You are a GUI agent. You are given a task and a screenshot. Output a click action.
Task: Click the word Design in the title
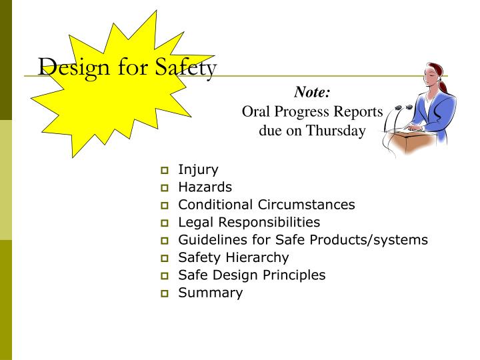(67, 67)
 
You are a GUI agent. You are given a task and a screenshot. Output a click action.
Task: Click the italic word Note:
(312, 94)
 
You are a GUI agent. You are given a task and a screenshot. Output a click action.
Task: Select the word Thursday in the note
(336, 130)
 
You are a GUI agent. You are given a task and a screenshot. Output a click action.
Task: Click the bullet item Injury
(198, 170)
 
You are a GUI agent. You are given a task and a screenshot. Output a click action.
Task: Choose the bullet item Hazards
(205, 187)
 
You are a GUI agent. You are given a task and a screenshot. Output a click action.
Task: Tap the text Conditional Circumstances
(266, 205)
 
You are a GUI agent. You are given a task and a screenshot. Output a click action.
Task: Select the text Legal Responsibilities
(249, 222)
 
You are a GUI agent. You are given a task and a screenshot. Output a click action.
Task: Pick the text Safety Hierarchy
(233, 257)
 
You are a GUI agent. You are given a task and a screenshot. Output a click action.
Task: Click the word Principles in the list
(294, 275)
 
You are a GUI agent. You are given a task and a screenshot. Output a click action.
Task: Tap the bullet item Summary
(210, 292)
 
